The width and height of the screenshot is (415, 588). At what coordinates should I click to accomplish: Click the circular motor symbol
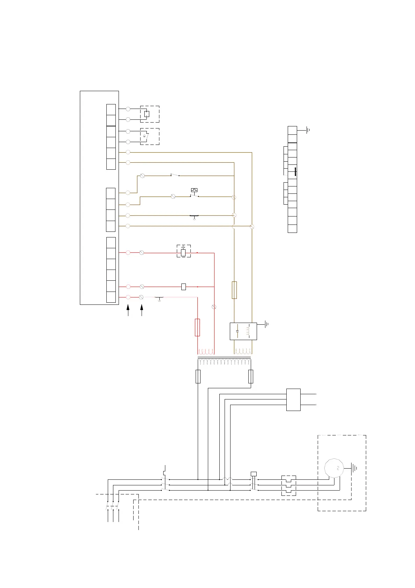[334, 468]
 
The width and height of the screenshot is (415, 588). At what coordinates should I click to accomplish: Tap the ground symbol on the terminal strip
[308, 131]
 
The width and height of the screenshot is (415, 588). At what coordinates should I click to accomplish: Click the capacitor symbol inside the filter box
[237, 331]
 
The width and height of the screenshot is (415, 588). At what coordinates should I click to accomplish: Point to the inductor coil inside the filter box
[248, 331]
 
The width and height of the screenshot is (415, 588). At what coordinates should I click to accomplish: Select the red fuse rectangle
[197, 327]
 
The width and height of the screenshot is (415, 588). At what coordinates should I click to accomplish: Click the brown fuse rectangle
[234, 290]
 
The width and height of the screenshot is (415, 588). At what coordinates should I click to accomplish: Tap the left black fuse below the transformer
[198, 377]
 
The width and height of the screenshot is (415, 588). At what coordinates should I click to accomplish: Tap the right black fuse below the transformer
[250, 377]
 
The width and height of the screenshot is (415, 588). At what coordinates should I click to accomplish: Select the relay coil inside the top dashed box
[147, 114]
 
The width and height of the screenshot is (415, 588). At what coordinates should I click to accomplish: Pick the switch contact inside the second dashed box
[146, 137]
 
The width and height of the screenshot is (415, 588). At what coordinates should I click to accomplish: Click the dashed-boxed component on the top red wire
[183, 251]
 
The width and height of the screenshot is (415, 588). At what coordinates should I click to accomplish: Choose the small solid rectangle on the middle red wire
[184, 287]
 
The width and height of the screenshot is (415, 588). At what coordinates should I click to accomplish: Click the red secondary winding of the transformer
[206, 351]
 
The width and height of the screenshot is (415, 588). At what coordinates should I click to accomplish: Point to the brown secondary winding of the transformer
[243, 351]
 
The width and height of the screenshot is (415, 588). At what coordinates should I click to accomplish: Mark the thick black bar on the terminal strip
[295, 172]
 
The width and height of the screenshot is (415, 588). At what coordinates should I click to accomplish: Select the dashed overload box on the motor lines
[289, 485]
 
